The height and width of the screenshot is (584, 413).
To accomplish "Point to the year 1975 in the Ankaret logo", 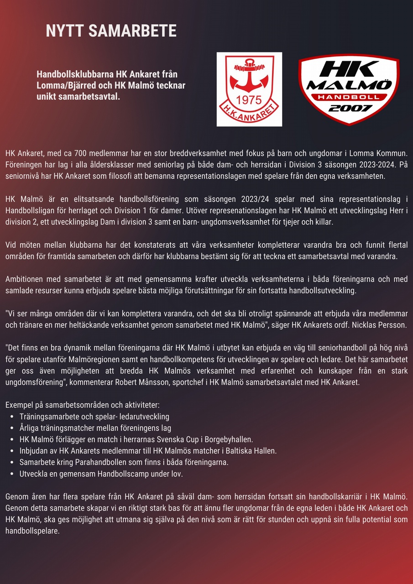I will [249, 99].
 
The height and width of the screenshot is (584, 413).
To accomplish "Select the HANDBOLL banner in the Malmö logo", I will [349, 97].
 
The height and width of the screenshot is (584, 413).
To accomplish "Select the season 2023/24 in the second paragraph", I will [255, 199].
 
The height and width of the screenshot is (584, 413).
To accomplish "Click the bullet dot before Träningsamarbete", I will [12, 417].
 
